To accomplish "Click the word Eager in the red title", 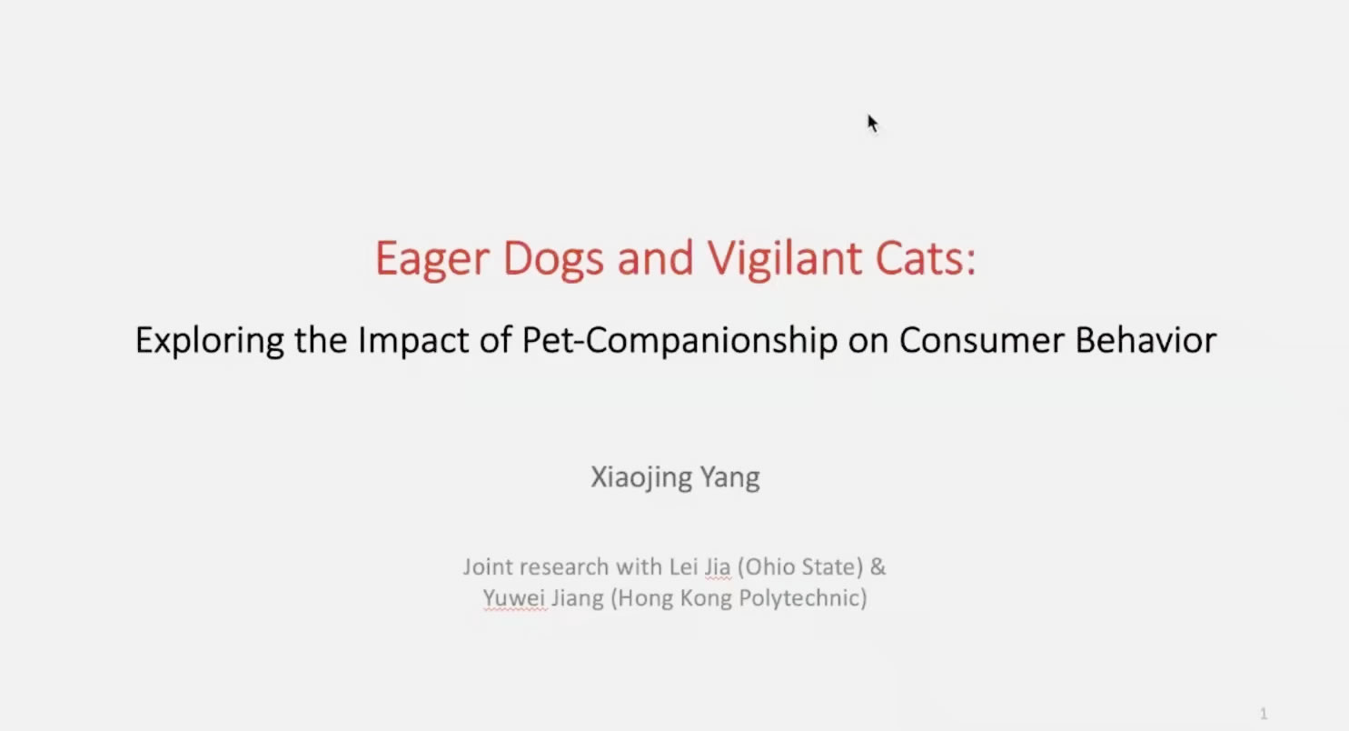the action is coord(431,259).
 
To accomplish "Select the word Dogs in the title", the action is coord(553,259).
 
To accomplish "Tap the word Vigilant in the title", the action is coord(785,259).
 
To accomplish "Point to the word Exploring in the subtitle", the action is coord(210,341).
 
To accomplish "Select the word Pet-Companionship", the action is coord(679,341).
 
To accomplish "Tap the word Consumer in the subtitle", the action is coord(982,340).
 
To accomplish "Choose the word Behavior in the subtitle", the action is coord(1146,340).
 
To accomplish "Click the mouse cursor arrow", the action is coord(873,124).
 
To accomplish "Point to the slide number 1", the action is coord(1264,714).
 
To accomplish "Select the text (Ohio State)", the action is coord(800,567).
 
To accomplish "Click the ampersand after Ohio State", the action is coord(878,566).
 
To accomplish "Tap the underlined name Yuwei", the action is coord(514,598).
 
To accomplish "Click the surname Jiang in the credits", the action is coord(578,599).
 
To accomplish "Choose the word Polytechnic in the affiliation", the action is coord(803,598).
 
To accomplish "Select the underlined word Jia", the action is coord(718,567).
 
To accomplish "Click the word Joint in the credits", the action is coord(488,567).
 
